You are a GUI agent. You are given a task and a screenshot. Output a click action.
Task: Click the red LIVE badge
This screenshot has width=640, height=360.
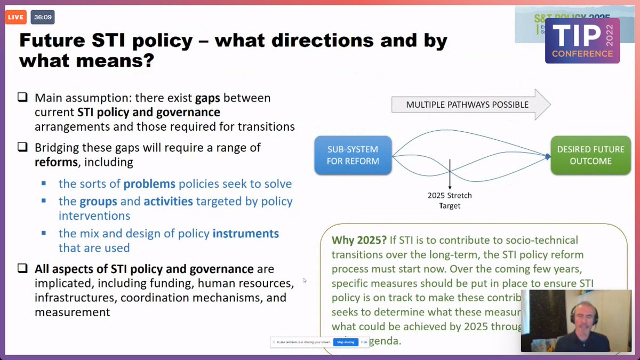[x=15, y=17]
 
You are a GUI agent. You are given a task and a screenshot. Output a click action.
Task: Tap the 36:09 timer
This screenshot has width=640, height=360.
[x=42, y=17]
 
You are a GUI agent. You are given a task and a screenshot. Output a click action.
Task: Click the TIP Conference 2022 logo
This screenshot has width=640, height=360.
[x=582, y=41]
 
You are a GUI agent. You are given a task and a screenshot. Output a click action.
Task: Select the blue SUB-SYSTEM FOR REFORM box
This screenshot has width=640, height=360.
[x=353, y=155]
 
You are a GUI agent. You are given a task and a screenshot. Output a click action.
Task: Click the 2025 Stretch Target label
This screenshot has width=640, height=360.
[x=450, y=201]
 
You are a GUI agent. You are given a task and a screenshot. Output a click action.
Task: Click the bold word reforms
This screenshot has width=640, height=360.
[x=57, y=162]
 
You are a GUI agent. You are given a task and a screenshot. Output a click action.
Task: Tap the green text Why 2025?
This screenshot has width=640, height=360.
[x=357, y=240]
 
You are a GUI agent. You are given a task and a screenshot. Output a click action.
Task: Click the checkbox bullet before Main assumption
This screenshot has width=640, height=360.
[x=22, y=98]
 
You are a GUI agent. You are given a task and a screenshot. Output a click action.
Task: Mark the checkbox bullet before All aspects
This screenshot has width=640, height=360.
[x=22, y=269]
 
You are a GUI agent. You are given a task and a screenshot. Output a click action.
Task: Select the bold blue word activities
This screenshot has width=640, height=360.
[x=168, y=202]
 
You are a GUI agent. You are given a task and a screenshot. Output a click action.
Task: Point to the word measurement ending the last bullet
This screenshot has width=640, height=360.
[x=72, y=312]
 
